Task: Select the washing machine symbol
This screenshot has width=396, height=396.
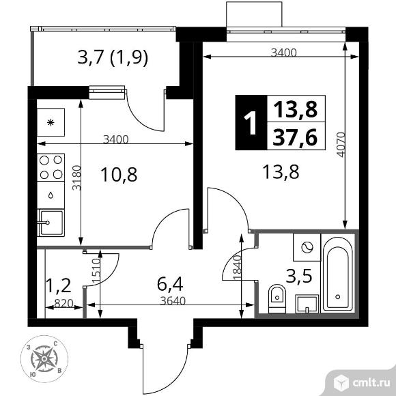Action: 307,247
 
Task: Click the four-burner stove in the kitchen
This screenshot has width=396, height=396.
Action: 51,167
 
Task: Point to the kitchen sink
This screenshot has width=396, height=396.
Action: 51,223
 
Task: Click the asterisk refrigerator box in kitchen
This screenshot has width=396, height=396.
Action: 51,122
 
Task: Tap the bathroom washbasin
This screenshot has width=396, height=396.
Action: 307,304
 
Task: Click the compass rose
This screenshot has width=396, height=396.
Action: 44,359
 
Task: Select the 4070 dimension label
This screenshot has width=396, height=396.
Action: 341,145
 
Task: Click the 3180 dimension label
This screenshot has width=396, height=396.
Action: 76,178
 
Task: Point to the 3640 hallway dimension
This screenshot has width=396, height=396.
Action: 173,301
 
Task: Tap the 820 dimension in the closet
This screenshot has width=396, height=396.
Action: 63,303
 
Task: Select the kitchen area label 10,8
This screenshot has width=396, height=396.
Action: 119,175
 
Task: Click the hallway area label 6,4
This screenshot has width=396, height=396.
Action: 170,284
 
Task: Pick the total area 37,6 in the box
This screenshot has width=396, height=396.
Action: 295,137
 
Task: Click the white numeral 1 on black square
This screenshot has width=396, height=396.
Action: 251,123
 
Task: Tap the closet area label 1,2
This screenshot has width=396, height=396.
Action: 58,286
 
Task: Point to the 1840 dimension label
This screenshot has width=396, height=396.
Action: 238,268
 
